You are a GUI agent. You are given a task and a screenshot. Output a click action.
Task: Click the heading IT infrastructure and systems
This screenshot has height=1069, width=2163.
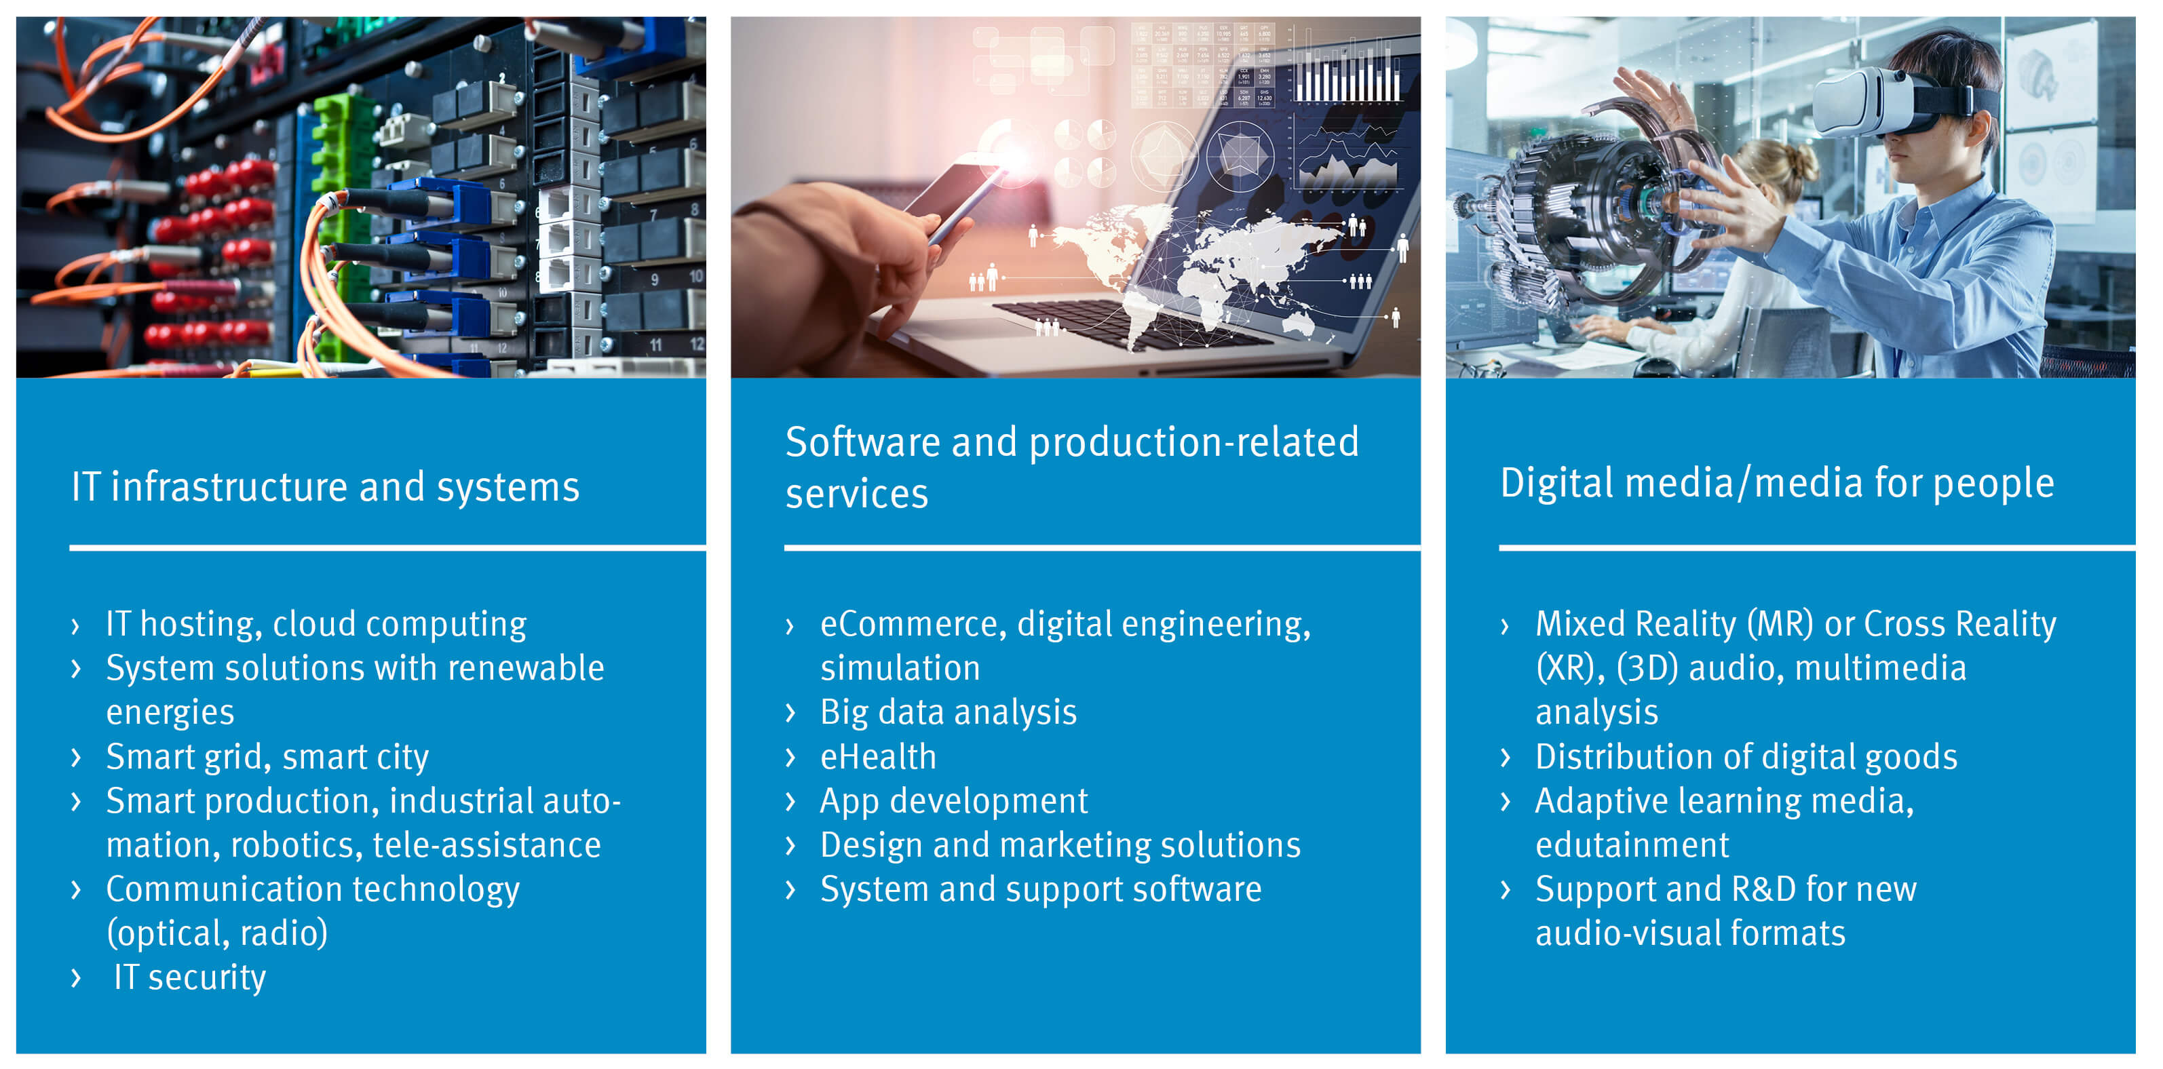point(325,488)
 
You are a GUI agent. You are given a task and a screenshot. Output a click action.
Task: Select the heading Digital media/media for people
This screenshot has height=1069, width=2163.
point(1777,484)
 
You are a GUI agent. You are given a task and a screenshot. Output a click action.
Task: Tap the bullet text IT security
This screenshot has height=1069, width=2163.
point(190,977)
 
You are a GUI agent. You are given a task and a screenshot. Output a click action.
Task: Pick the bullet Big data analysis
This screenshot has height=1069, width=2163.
point(948,713)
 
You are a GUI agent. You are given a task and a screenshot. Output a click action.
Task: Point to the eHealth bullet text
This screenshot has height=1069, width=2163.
point(877,756)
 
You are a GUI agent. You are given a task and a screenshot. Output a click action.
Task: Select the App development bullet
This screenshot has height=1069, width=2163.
point(953,802)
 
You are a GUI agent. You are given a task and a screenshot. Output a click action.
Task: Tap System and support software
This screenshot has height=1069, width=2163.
point(1040,890)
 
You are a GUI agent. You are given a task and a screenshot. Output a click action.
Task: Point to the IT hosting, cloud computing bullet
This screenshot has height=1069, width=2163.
point(315,625)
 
